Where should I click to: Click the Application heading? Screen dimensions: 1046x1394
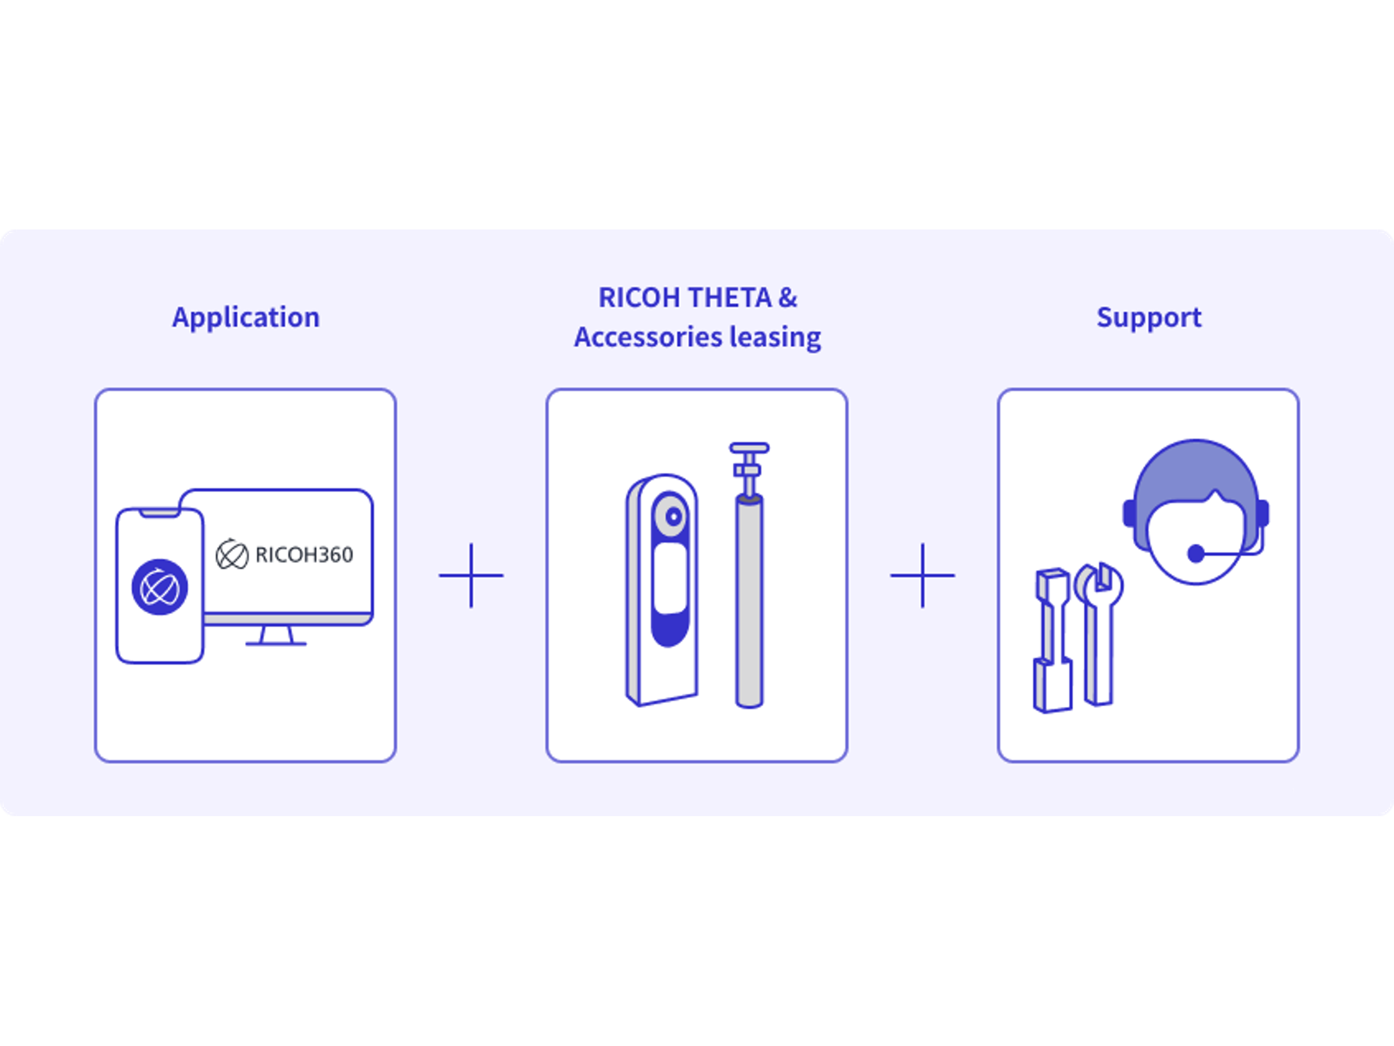(x=246, y=317)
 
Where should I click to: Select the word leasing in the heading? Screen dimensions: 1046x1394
(x=775, y=337)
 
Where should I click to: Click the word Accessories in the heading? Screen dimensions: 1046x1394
(x=647, y=337)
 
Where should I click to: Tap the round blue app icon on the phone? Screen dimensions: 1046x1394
(x=160, y=587)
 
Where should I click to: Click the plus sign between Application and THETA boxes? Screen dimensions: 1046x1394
(x=471, y=575)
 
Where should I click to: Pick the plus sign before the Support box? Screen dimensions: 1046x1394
(x=922, y=575)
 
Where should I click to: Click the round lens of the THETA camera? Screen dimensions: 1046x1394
(x=673, y=517)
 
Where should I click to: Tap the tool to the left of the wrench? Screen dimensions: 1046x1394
(x=1051, y=640)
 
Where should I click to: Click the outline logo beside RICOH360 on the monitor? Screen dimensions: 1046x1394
(x=232, y=555)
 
